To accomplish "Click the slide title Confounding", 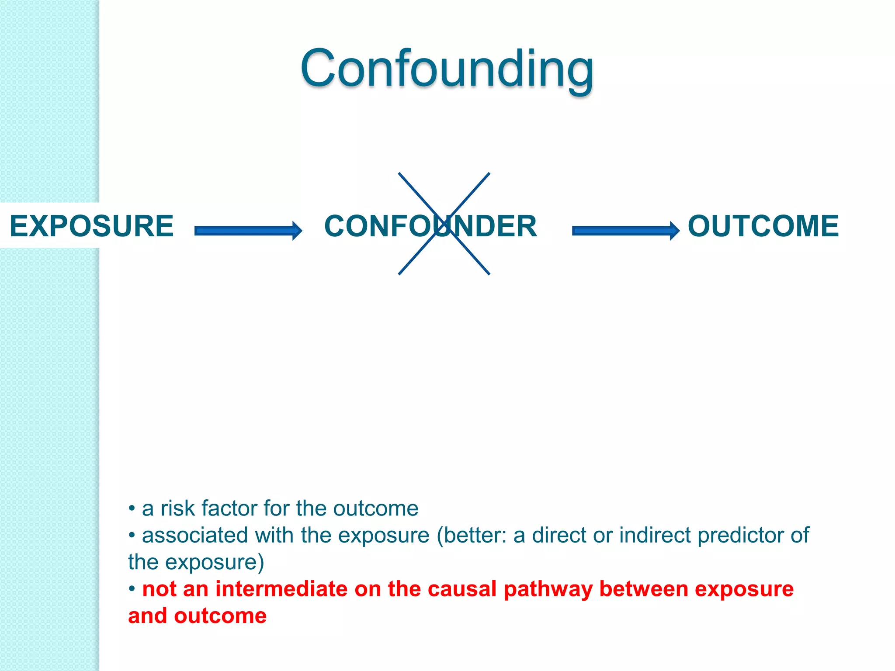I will click(x=447, y=69).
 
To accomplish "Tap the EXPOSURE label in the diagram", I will click(x=91, y=226).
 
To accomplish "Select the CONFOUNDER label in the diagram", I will click(x=430, y=226).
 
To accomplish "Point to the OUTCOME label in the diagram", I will click(x=763, y=226).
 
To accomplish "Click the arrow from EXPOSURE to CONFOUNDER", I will click(x=248, y=231).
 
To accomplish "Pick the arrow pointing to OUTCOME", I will click(x=625, y=231).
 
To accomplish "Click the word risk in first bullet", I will click(x=177, y=508).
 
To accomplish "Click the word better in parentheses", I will click(x=475, y=535).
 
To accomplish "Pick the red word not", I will click(x=159, y=589).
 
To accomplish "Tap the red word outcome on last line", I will click(x=220, y=616).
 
